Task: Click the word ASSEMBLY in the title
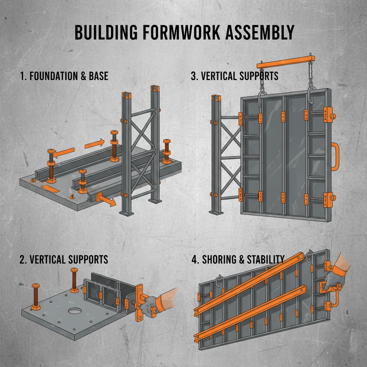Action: tap(258, 33)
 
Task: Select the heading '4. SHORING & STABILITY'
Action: tap(238, 259)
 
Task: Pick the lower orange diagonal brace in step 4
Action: tap(251, 312)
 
